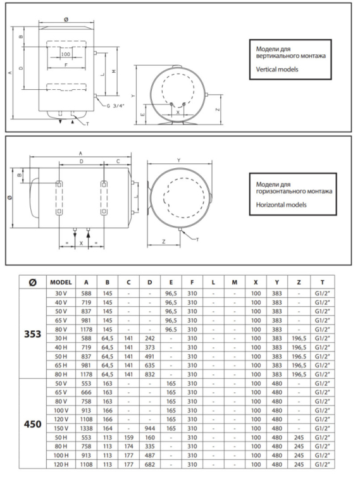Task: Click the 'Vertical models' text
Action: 277,70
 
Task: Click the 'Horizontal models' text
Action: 282,205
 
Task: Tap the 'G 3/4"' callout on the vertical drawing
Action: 116,106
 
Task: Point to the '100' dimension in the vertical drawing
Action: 65,54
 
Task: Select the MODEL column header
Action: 61,282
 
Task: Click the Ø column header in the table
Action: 33,282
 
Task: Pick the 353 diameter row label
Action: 33,334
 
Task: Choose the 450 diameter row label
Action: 33,424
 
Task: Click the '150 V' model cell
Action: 61,428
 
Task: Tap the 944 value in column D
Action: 150,428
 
